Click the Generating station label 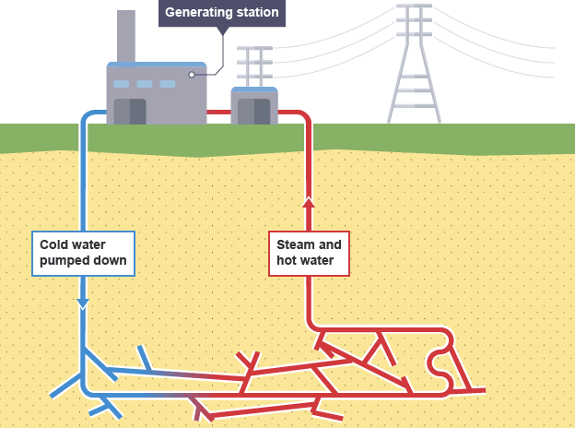tap(220, 13)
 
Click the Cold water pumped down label tap(82, 253)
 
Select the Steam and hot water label tap(310, 253)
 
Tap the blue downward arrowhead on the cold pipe tap(83, 303)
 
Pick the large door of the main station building tap(130, 110)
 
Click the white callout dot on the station tap(192, 75)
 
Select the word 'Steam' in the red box tap(296, 244)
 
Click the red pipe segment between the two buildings tap(217, 113)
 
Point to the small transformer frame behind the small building tap(253, 65)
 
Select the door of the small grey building tap(253, 113)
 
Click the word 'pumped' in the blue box tap(64, 261)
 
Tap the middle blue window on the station tap(145, 84)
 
